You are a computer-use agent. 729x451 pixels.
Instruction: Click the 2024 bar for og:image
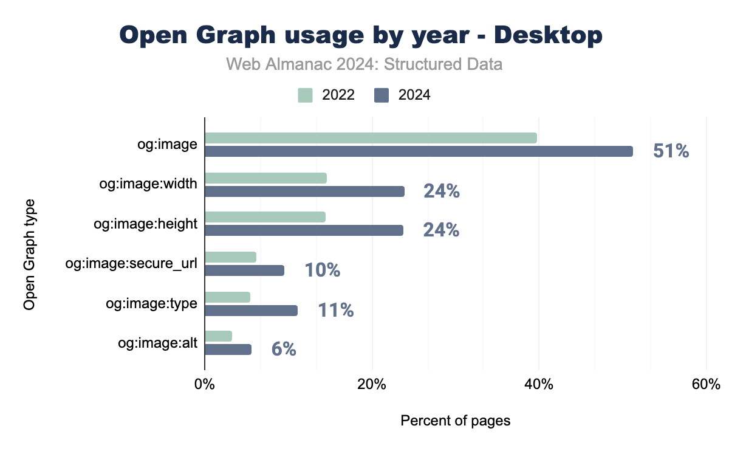(419, 151)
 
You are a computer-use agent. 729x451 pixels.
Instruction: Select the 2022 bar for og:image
(371, 138)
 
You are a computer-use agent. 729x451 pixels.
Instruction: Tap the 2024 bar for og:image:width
(304, 191)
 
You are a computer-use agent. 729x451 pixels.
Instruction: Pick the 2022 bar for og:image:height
(265, 217)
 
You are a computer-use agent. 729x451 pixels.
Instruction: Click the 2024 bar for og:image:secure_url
(244, 270)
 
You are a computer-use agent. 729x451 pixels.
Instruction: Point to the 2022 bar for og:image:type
(227, 297)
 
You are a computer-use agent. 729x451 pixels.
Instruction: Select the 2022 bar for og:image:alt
(218, 336)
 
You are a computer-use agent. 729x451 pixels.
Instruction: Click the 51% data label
(671, 151)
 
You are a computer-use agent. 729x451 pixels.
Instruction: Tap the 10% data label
(322, 270)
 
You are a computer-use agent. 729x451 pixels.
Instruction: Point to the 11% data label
(335, 310)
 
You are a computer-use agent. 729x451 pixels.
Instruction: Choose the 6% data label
(284, 349)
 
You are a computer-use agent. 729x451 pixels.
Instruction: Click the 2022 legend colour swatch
(305, 95)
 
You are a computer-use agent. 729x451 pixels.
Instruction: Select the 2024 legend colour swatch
(382, 95)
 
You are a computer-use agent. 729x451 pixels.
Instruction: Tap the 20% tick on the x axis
(372, 385)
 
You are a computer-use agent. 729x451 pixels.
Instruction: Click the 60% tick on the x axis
(706, 385)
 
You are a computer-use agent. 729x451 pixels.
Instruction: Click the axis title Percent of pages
(455, 421)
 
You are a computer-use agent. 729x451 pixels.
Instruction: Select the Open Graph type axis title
(29, 253)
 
